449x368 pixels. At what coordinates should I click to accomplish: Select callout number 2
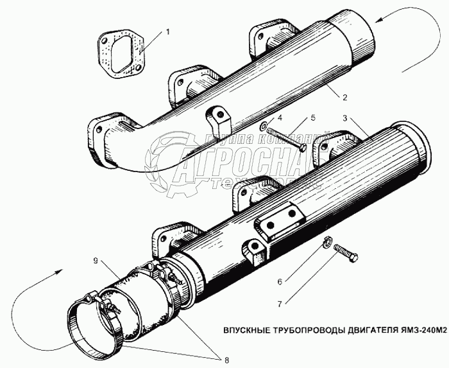pyautogui.click(x=344, y=98)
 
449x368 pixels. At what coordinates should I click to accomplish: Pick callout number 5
pyautogui.click(x=312, y=118)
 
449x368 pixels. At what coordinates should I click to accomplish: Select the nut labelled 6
pyautogui.click(x=326, y=242)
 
